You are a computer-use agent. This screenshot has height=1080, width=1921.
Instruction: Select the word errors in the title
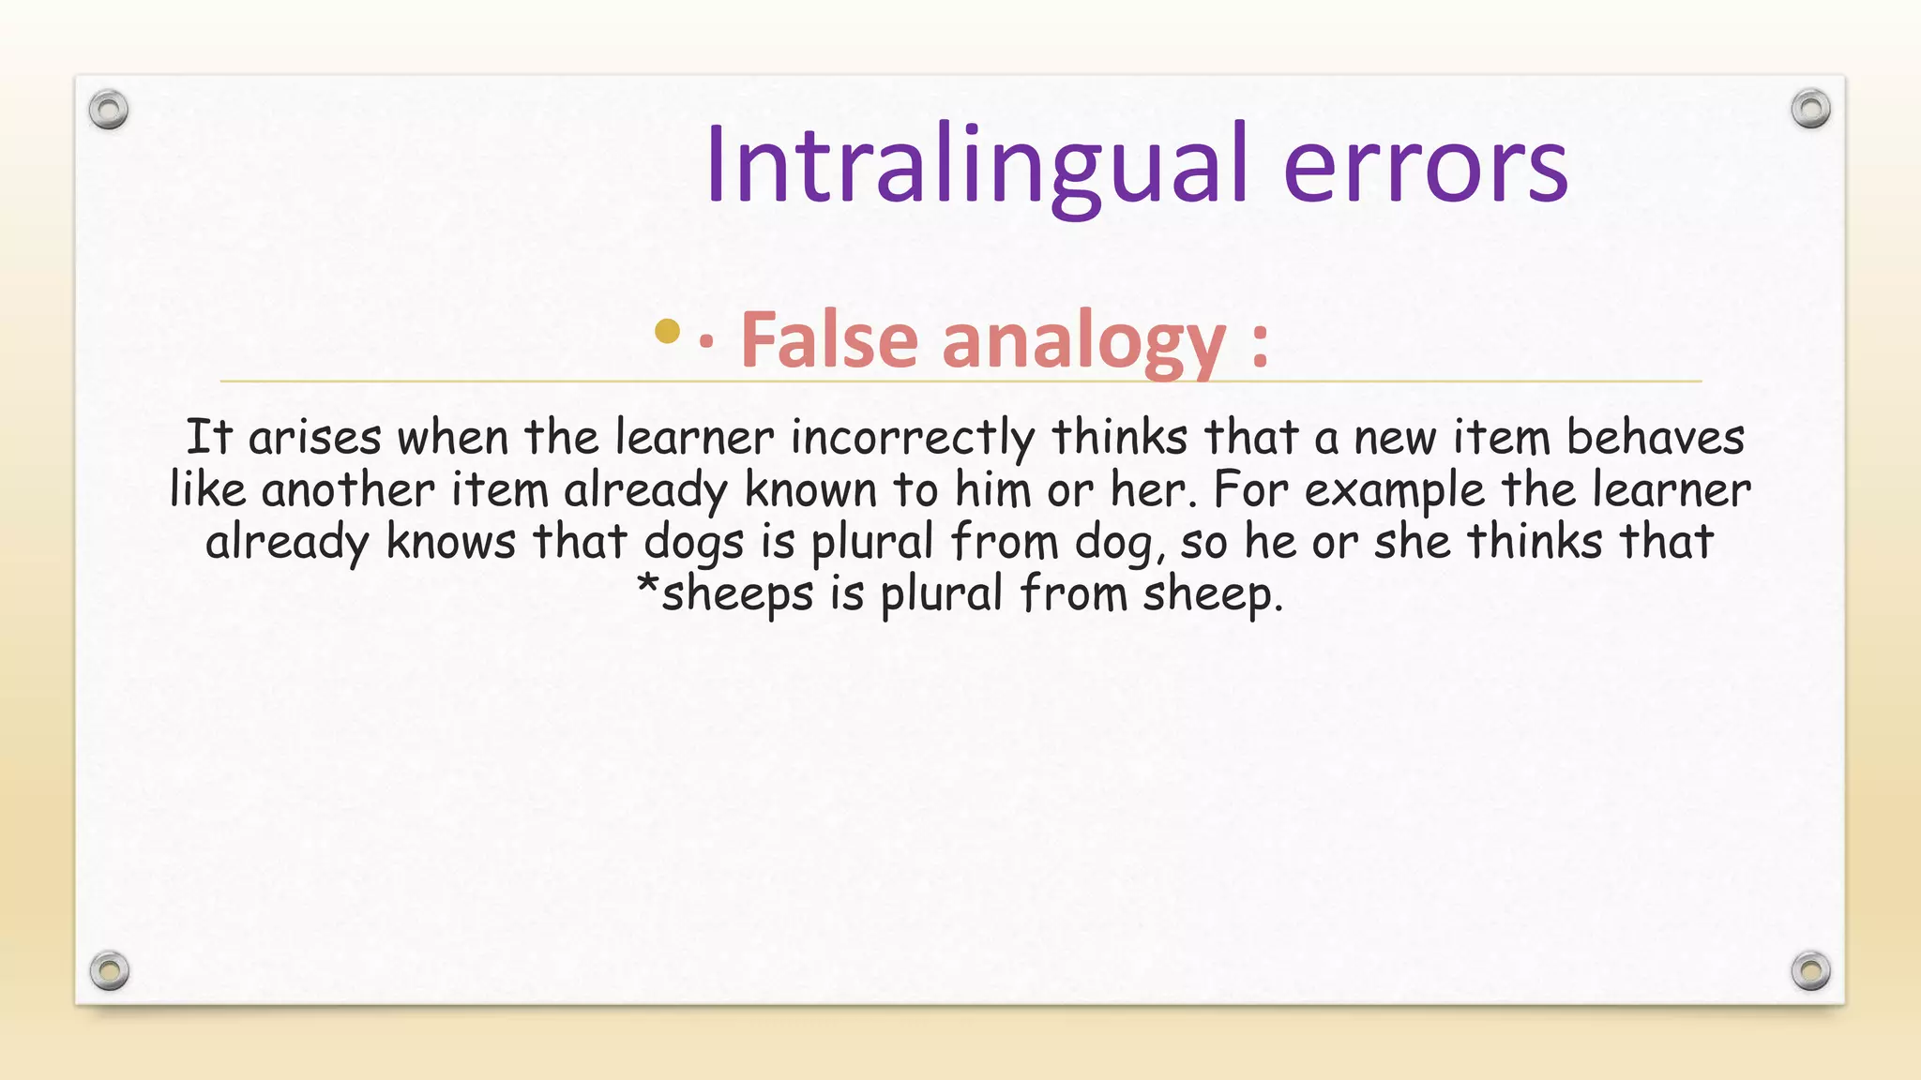[x=1425, y=167]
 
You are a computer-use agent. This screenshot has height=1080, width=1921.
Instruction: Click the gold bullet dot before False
[x=667, y=331]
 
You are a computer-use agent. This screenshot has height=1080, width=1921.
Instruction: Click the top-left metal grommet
[x=109, y=110]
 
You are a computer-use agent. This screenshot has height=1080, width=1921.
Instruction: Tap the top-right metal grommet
[x=1810, y=109]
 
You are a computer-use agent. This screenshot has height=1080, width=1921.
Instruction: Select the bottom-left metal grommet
[x=109, y=969]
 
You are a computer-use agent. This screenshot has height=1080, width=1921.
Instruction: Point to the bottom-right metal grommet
[x=1810, y=969]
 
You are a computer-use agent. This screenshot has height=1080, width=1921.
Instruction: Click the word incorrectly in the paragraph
[x=913, y=438]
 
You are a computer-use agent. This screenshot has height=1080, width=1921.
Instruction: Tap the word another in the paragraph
[x=348, y=490]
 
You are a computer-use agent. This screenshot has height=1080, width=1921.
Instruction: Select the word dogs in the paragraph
[x=693, y=543]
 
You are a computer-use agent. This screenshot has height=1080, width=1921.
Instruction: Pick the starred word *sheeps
[x=724, y=594]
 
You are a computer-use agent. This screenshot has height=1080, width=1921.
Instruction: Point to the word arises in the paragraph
[x=314, y=438]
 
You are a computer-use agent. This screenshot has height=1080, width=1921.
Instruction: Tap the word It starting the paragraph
[x=208, y=438]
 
